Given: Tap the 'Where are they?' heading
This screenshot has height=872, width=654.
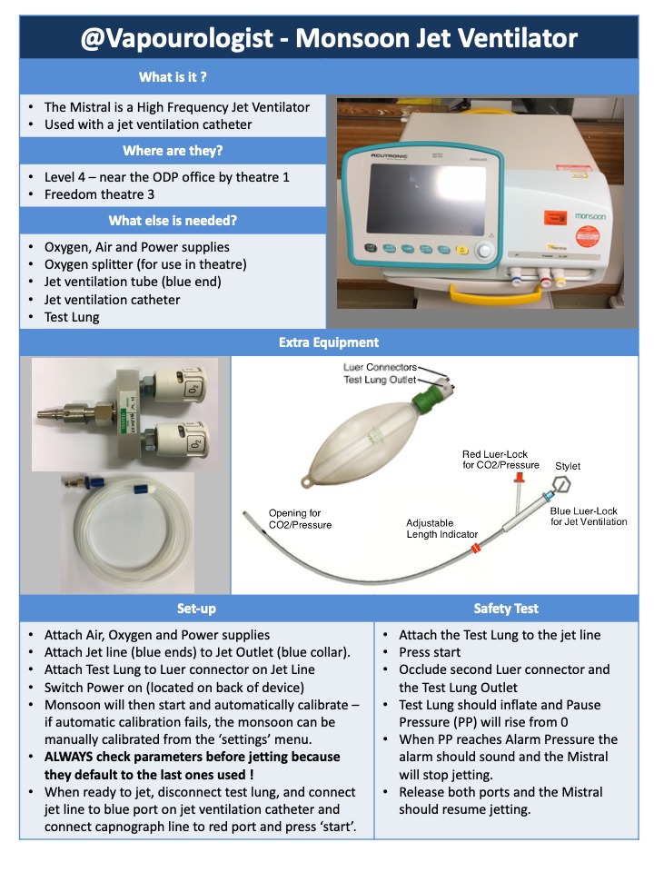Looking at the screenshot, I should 173,150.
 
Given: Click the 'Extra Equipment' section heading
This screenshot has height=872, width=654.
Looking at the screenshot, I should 329,342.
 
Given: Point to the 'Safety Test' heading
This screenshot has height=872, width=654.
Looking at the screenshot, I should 506,608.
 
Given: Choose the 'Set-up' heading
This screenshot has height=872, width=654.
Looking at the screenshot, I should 196,608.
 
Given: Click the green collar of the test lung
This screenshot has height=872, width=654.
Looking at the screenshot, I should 424,400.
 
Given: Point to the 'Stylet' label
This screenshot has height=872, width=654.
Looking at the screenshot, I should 568,467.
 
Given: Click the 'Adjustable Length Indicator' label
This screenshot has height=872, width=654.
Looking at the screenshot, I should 441,529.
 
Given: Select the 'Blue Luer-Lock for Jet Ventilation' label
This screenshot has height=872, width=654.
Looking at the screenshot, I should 588,515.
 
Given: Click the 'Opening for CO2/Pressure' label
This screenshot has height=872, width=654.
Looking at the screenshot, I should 300,519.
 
